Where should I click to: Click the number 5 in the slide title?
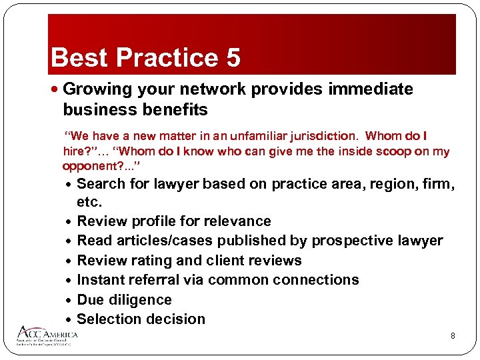point(233,58)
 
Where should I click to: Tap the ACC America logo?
point(48,335)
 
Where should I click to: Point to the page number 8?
point(453,336)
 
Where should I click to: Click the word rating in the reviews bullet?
point(151,261)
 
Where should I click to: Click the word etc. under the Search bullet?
point(90,201)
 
